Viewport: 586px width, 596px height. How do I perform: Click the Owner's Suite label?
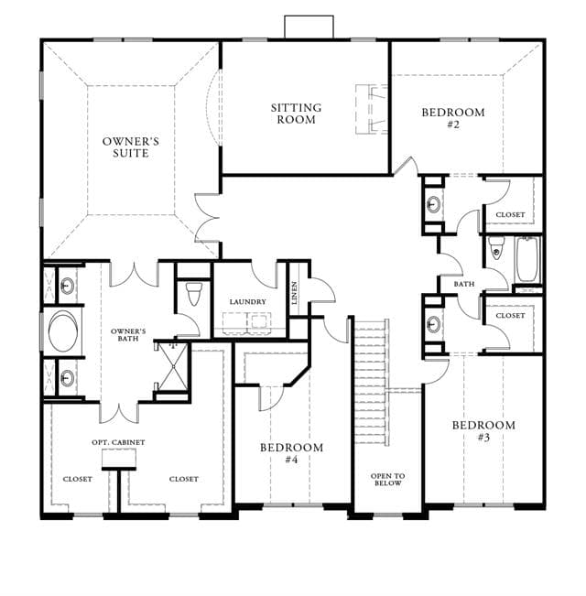coord(131,147)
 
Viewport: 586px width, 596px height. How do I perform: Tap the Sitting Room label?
coord(296,114)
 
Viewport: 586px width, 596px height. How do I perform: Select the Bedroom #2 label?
coord(453,118)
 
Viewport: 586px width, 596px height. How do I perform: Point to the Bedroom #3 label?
coord(483,431)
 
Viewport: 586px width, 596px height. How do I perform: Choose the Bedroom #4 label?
coord(291,453)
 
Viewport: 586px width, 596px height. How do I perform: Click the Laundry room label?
coord(247,302)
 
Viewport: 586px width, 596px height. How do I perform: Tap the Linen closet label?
coord(294,293)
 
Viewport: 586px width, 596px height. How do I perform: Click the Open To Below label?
coord(387,480)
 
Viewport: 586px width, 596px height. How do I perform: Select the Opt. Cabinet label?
coord(118,442)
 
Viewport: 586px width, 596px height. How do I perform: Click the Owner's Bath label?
coord(128,335)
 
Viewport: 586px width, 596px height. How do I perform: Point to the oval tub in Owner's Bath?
coord(62,331)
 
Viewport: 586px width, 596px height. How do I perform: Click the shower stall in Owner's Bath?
coord(173,366)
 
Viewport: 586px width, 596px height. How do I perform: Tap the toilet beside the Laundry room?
coord(194,294)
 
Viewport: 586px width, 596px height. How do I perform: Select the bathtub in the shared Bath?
coord(527,259)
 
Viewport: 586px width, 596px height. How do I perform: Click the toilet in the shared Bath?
coord(496,248)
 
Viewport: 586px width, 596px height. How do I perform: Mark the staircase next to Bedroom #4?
coord(372,382)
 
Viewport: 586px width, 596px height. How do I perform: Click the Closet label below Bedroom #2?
coord(510,215)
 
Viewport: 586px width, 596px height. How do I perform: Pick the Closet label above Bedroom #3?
coord(510,316)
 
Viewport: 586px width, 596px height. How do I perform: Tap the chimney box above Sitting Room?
coord(309,27)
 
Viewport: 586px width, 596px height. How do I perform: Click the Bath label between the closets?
coord(464,284)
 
